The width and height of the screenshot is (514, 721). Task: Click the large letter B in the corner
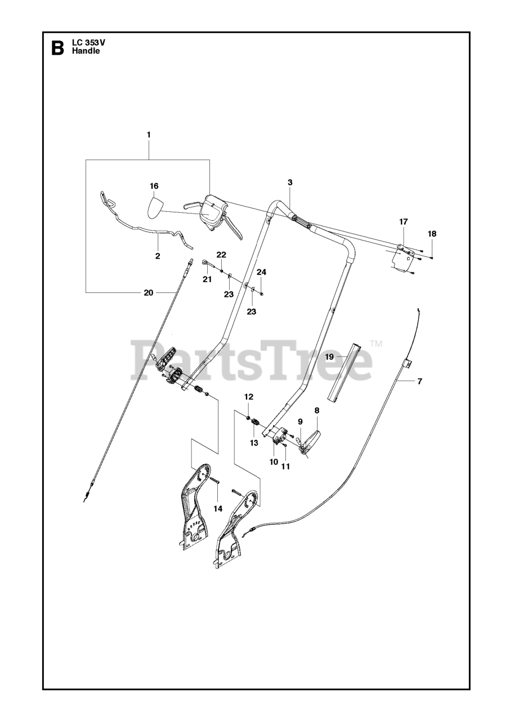pos(57,48)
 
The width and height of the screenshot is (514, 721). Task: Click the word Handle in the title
pos(86,51)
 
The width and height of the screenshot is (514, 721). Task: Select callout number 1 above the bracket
pos(149,135)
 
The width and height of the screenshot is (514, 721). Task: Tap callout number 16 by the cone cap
pos(154,186)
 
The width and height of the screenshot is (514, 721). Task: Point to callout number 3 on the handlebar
pos(289,183)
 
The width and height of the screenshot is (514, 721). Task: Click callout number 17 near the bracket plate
pos(404,222)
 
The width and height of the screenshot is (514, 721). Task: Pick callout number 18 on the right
pos(432,233)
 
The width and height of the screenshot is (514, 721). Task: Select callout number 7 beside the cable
pos(419,381)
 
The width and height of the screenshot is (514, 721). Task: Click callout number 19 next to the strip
pos(330,357)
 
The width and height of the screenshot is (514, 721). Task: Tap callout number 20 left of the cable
pos(148,292)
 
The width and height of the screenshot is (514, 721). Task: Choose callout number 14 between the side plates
pos(217,508)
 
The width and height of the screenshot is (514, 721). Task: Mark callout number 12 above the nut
pos(248,397)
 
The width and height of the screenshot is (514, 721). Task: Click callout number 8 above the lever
pos(316,412)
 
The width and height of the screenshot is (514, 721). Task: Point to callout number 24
pos(261,272)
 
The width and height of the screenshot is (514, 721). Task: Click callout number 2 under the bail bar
pos(158,256)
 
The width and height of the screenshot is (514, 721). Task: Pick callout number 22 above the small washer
pos(221,255)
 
